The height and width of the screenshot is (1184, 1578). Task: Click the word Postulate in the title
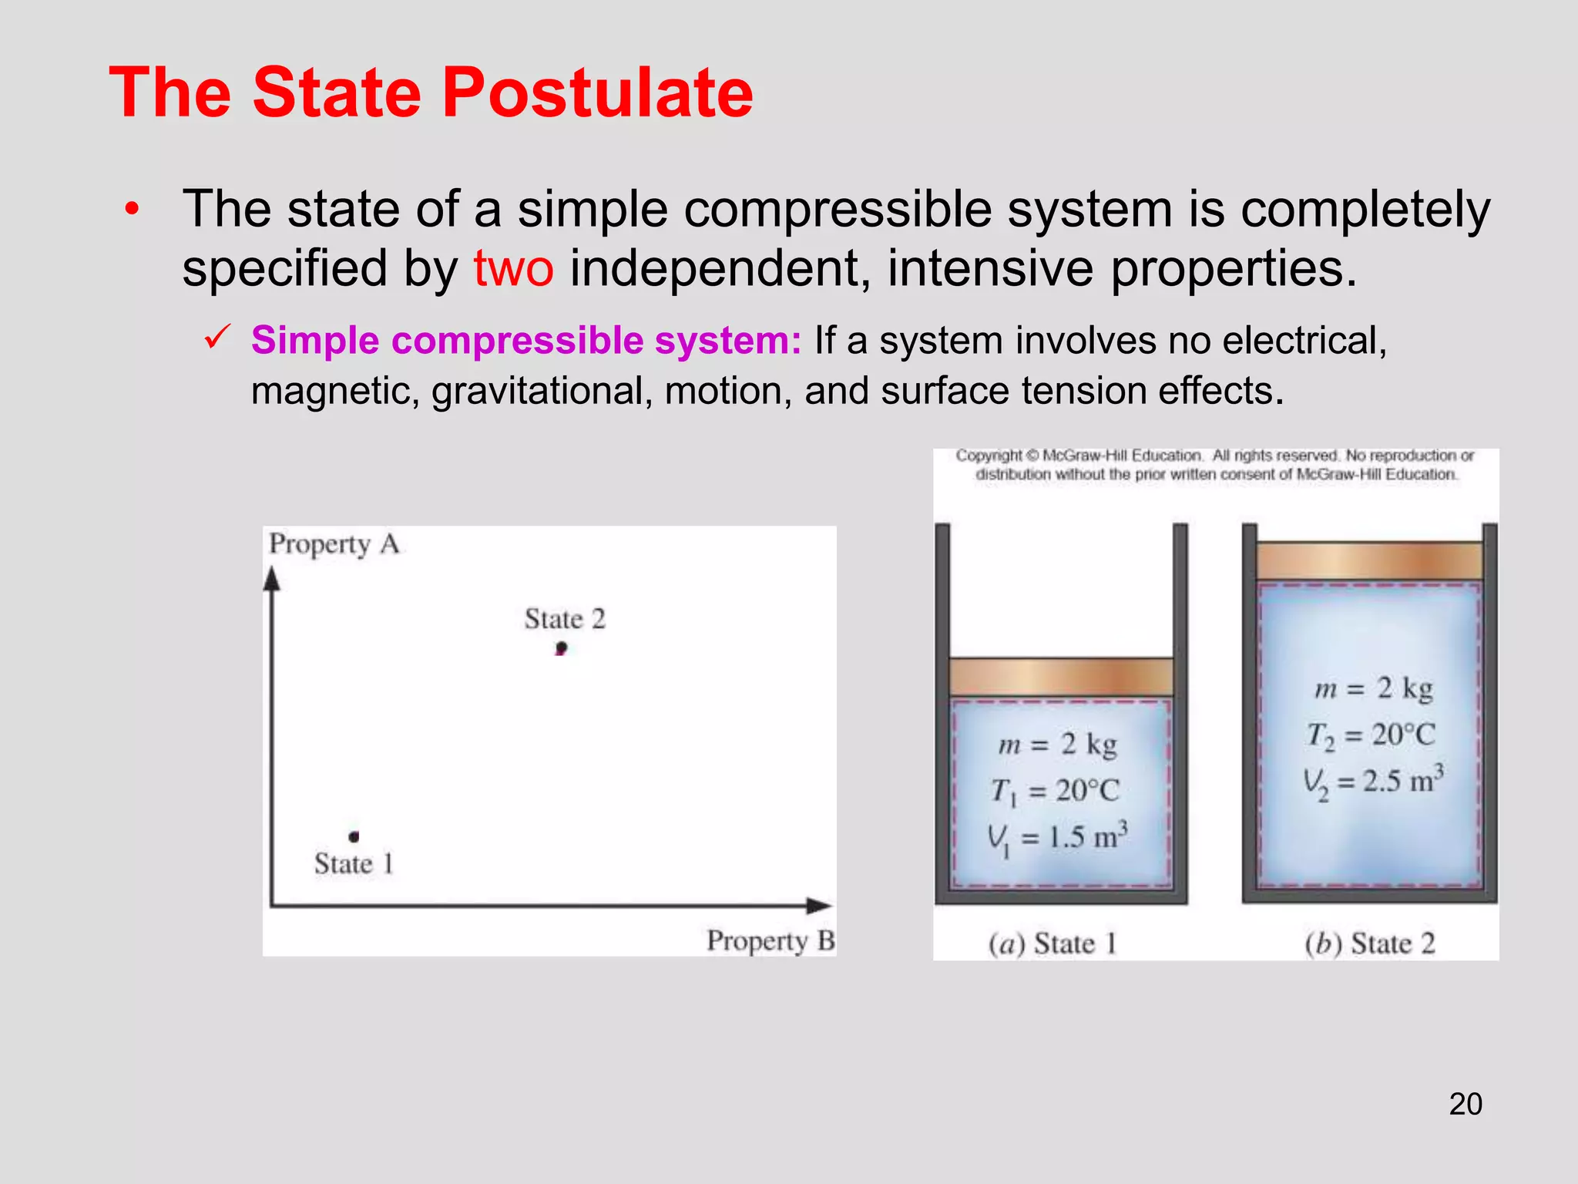pyautogui.click(x=597, y=92)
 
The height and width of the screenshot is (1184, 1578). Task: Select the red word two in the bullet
pyautogui.click(x=513, y=268)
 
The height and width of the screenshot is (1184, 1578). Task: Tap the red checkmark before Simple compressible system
pyautogui.click(x=217, y=337)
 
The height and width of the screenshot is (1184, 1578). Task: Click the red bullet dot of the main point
pyautogui.click(x=133, y=208)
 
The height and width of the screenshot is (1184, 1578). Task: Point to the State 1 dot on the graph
pyautogui.click(x=354, y=836)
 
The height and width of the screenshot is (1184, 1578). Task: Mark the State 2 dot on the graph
pyautogui.click(x=561, y=648)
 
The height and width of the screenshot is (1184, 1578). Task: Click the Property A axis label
pyautogui.click(x=334, y=544)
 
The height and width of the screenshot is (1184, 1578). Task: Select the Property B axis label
pyautogui.click(x=771, y=940)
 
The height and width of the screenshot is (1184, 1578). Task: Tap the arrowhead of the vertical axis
pyautogui.click(x=271, y=578)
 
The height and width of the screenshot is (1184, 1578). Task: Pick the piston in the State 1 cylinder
pyautogui.click(x=1061, y=677)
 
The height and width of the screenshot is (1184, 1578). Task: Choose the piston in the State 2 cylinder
pyautogui.click(x=1369, y=560)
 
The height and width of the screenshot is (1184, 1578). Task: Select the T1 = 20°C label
pyautogui.click(x=1055, y=791)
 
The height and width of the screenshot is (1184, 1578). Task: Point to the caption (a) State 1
pyautogui.click(x=1053, y=943)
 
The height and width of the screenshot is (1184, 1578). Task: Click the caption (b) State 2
pyautogui.click(x=1369, y=943)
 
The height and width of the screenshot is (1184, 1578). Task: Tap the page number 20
pyautogui.click(x=1466, y=1104)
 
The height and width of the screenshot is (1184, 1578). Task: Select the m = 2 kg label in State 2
pyautogui.click(x=1373, y=688)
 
